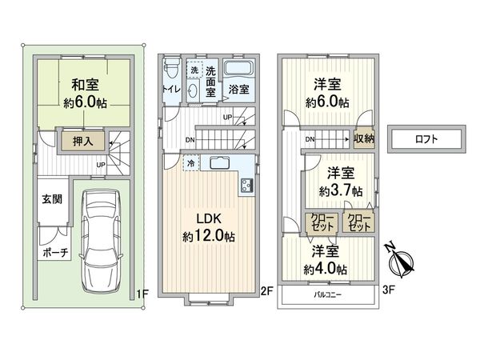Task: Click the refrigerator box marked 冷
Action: [191, 164]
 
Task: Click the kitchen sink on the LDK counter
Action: [221, 164]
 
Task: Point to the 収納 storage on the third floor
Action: [364, 138]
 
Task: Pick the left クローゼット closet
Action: [322, 222]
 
